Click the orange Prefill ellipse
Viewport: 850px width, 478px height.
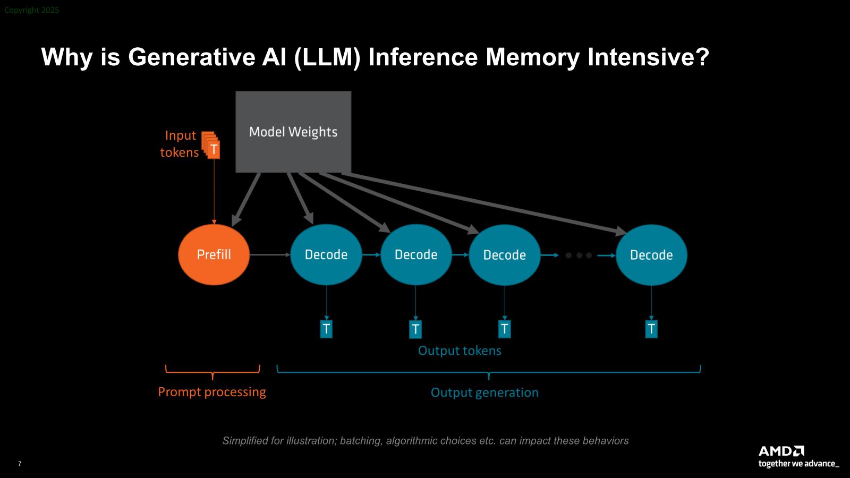pos(214,255)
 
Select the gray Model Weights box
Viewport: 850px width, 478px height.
pos(293,132)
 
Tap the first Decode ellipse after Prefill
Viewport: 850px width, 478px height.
pos(326,255)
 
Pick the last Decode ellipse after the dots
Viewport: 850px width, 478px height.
pos(651,255)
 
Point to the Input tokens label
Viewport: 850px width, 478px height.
pos(180,144)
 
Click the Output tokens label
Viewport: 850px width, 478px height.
pos(460,351)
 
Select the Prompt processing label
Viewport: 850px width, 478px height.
pos(212,392)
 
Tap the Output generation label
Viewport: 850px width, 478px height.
pos(484,392)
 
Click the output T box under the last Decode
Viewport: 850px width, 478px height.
pos(651,329)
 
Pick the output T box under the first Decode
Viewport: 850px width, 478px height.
pos(326,329)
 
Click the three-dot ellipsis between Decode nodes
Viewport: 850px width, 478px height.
pos(579,255)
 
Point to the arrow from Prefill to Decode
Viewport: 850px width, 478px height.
pos(270,255)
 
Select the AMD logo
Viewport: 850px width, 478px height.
pos(781,451)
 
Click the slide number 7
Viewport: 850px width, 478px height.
pos(20,464)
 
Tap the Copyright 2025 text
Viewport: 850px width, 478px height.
pos(32,10)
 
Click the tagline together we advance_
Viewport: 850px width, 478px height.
pos(798,464)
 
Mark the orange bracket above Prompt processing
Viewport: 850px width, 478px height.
pos(212,371)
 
